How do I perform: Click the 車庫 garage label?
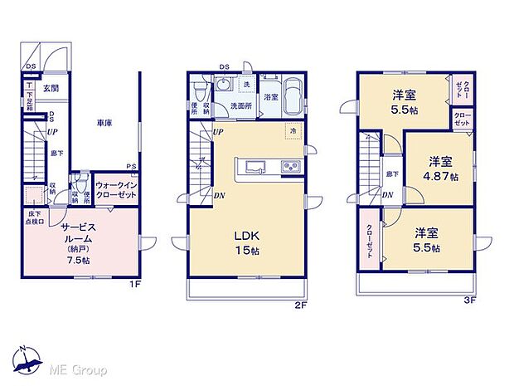click(104, 122)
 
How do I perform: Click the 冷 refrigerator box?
click(293, 131)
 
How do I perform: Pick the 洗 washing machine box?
click(246, 86)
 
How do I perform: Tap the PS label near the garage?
click(131, 165)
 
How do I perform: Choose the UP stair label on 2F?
click(218, 132)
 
